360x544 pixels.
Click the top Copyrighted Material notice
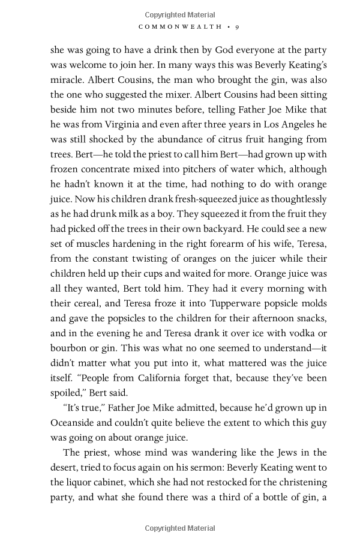pos(180,14)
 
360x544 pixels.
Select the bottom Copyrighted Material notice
pos(180,528)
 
